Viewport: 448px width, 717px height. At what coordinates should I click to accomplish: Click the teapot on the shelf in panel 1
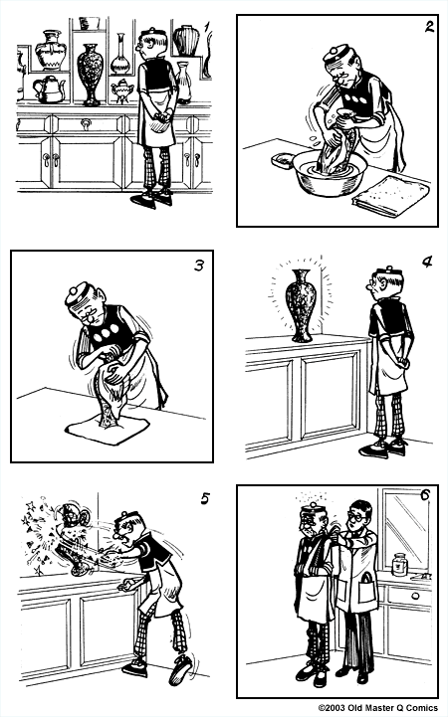(x=49, y=89)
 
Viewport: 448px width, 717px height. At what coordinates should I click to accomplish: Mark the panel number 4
(x=427, y=263)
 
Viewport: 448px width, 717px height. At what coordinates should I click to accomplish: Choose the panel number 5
(x=204, y=498)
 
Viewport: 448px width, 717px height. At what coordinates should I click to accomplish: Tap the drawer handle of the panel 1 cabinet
(x=88, y=124)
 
